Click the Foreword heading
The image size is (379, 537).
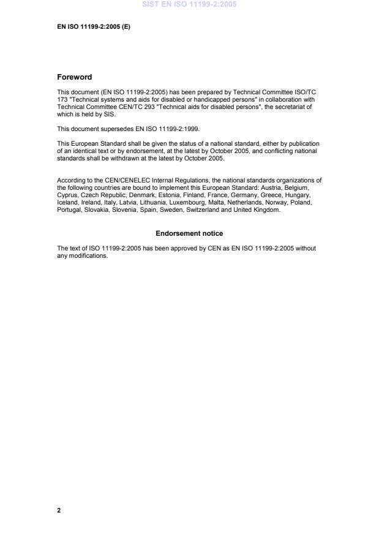74,77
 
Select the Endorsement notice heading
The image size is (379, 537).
189,233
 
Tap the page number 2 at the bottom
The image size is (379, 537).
59,509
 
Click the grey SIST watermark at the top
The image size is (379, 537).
189,4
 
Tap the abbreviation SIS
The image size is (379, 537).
108,113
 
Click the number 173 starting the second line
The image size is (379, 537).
62,99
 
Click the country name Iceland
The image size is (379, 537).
67,203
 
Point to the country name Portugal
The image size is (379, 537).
69,210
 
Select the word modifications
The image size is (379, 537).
89,255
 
